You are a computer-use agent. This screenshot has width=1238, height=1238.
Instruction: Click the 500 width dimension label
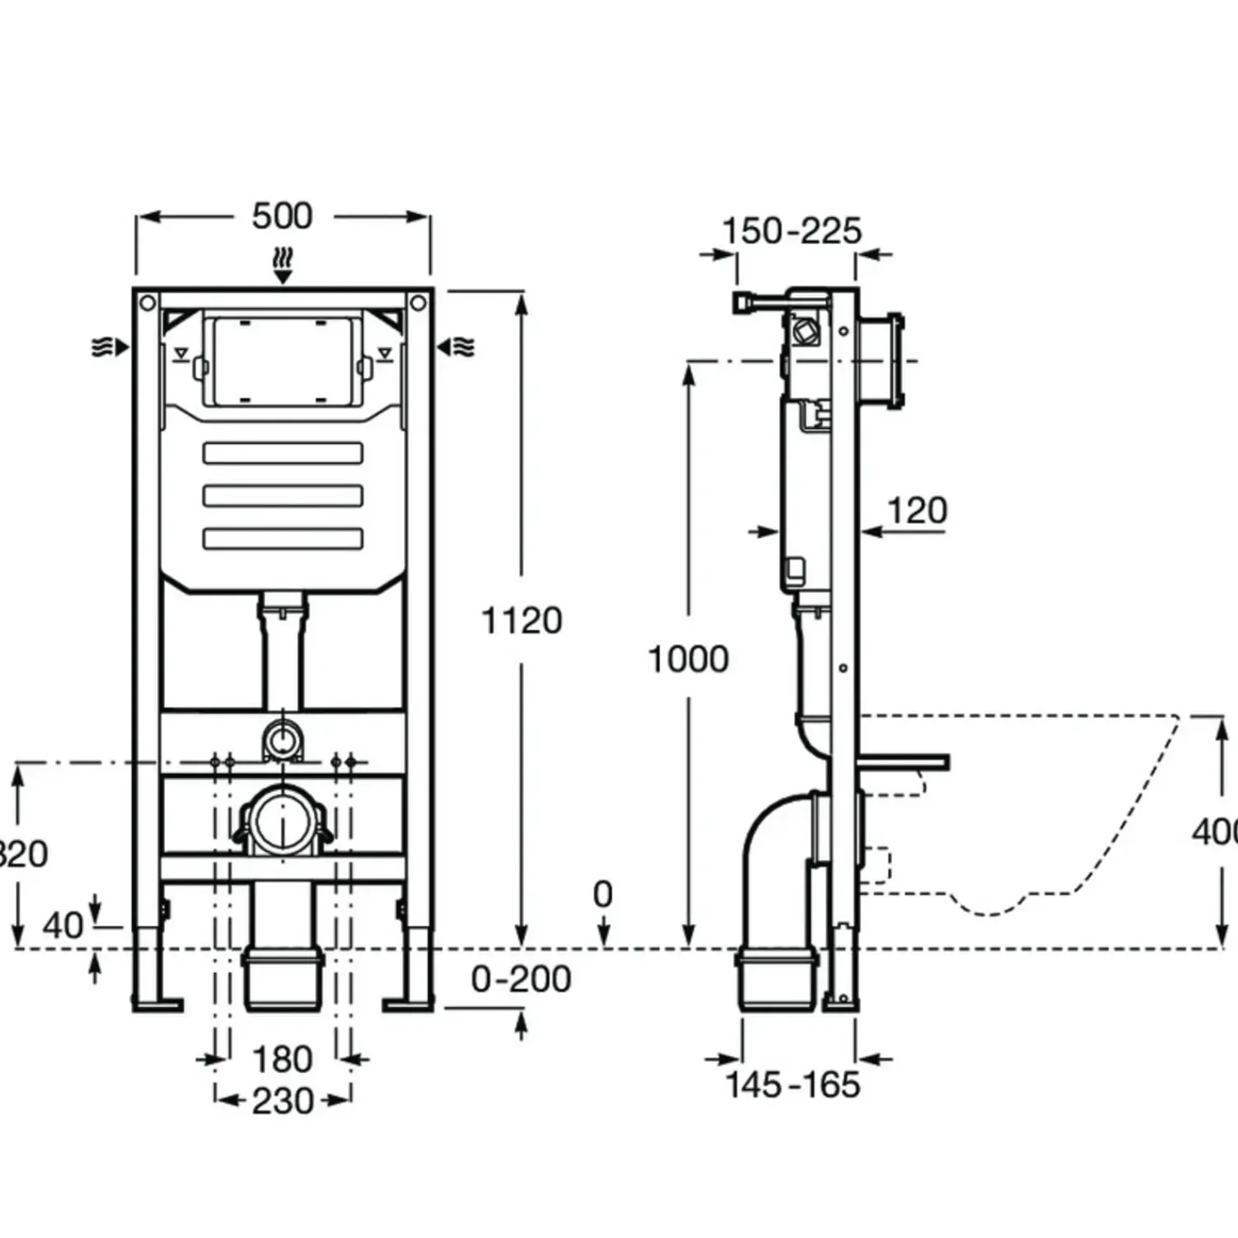282,216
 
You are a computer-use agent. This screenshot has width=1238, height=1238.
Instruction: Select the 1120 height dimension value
522,621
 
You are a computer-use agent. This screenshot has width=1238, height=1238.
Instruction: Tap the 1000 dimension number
688,659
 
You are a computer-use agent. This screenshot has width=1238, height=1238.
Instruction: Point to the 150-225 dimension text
791,231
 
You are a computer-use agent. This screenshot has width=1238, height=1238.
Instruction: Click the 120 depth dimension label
917,511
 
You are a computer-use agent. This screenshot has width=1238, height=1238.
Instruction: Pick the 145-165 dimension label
792,1084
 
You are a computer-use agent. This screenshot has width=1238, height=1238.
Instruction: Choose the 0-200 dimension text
521,980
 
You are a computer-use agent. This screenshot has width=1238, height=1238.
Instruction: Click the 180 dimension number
282,1059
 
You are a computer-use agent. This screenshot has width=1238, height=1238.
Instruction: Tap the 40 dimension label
63,926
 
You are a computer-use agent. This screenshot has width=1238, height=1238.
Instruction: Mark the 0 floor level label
603,895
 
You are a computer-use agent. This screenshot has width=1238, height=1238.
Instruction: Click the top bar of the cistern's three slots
283,453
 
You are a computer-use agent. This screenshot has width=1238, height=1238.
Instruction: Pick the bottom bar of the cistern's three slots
283,539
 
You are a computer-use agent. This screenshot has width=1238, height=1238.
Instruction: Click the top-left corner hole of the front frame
148,303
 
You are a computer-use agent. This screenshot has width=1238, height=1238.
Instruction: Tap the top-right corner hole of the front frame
418,303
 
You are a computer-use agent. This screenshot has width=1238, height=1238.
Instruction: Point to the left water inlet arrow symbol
110,347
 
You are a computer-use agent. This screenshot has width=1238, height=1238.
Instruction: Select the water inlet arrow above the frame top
283,264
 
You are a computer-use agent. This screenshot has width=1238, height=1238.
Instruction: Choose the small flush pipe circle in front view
283,738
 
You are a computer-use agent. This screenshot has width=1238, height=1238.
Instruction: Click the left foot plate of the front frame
157,1004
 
